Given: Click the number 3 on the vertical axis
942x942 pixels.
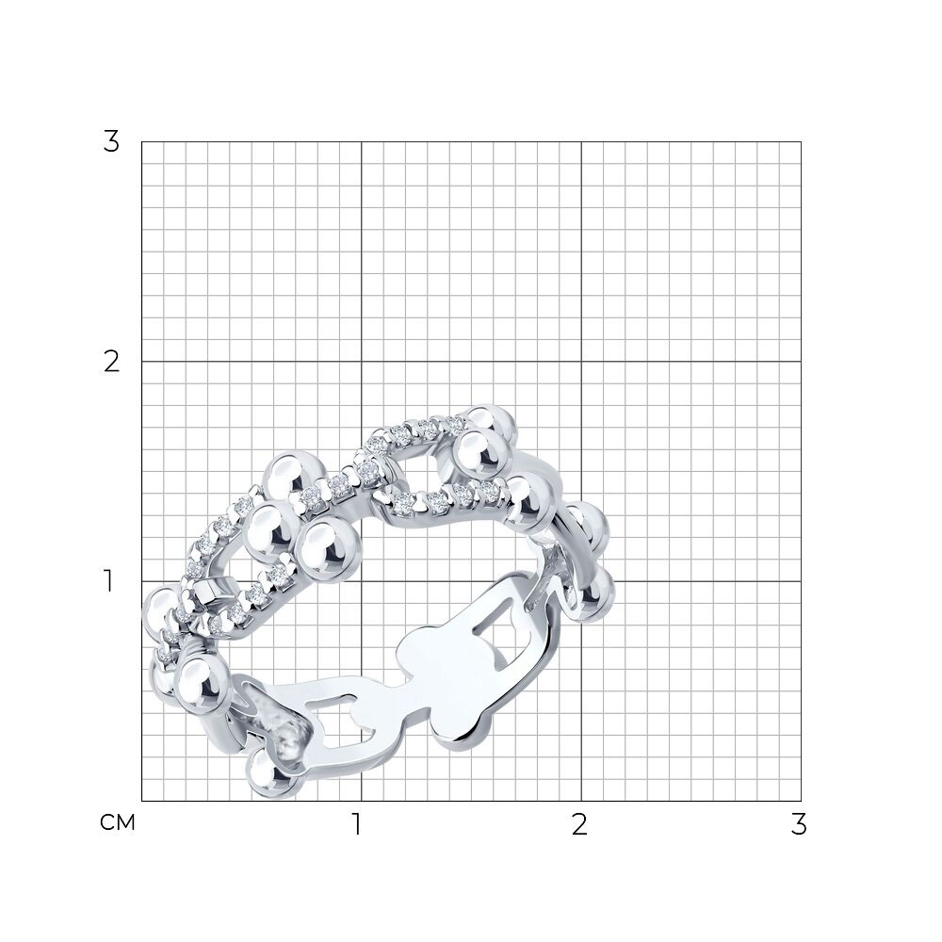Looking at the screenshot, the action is coord(111,142).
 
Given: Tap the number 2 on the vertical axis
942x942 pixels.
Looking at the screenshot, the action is coord(111,362).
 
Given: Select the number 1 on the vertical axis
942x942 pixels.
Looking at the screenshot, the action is coord(108,581).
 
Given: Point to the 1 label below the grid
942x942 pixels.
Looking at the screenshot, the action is coord(357,825).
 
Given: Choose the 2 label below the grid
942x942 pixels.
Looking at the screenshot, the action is coord(579,825).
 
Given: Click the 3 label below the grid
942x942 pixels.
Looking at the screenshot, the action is coord(799,825).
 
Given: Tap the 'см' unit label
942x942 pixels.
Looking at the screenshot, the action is coord(118,822).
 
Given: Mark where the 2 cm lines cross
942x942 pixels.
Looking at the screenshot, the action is coord(581,362).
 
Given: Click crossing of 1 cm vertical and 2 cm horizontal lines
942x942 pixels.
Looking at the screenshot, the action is coord(361,362).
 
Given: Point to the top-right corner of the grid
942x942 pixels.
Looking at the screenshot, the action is coord(801,142).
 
